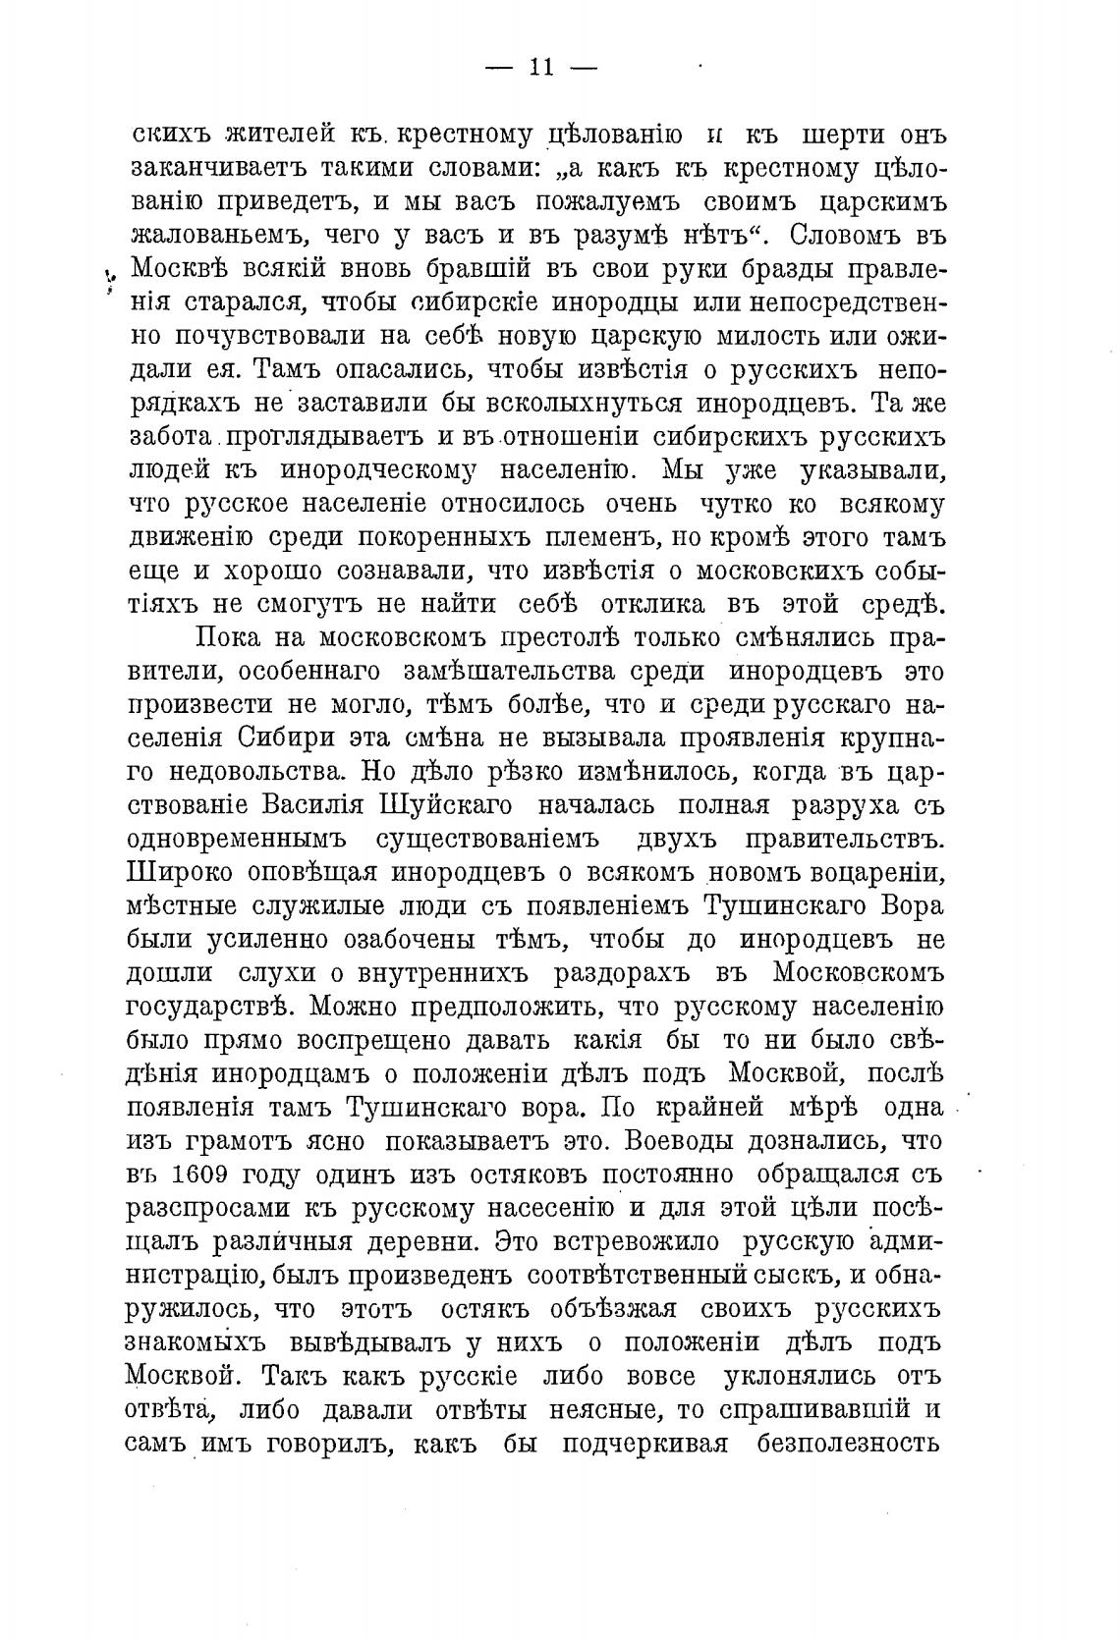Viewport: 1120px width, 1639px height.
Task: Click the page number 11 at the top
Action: (x=542, y=67)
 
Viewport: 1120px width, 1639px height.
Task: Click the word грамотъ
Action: (x=260, y=1141)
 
